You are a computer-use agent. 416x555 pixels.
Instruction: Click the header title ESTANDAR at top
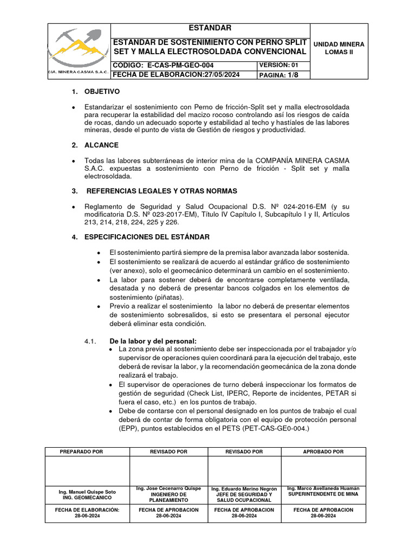pos(210,28)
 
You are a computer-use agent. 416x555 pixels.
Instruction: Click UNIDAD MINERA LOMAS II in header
pos(339,48)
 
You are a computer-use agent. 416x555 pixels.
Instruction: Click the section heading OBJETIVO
pos(102,91)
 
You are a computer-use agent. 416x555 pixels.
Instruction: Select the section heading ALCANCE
pos(101,145)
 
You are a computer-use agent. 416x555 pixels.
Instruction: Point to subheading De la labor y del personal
pos(153,341)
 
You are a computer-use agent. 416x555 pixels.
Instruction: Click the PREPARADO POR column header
pos(81,451)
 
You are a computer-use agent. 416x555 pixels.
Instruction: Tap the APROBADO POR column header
pos(323,451)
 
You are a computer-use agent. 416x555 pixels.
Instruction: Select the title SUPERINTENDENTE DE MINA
pos(323,494)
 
